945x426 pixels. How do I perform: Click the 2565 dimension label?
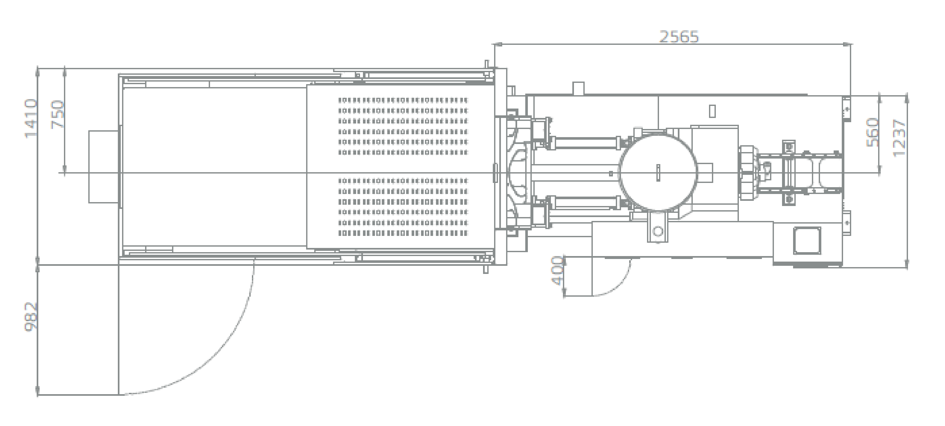point(679,37)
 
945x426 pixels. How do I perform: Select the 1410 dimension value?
point(31,119)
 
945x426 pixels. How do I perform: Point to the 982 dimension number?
point(31,317)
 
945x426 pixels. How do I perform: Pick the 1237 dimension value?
point(900,138)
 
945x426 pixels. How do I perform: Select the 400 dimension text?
point(558,271)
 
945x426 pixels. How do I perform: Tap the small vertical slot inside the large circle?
point(658,173)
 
